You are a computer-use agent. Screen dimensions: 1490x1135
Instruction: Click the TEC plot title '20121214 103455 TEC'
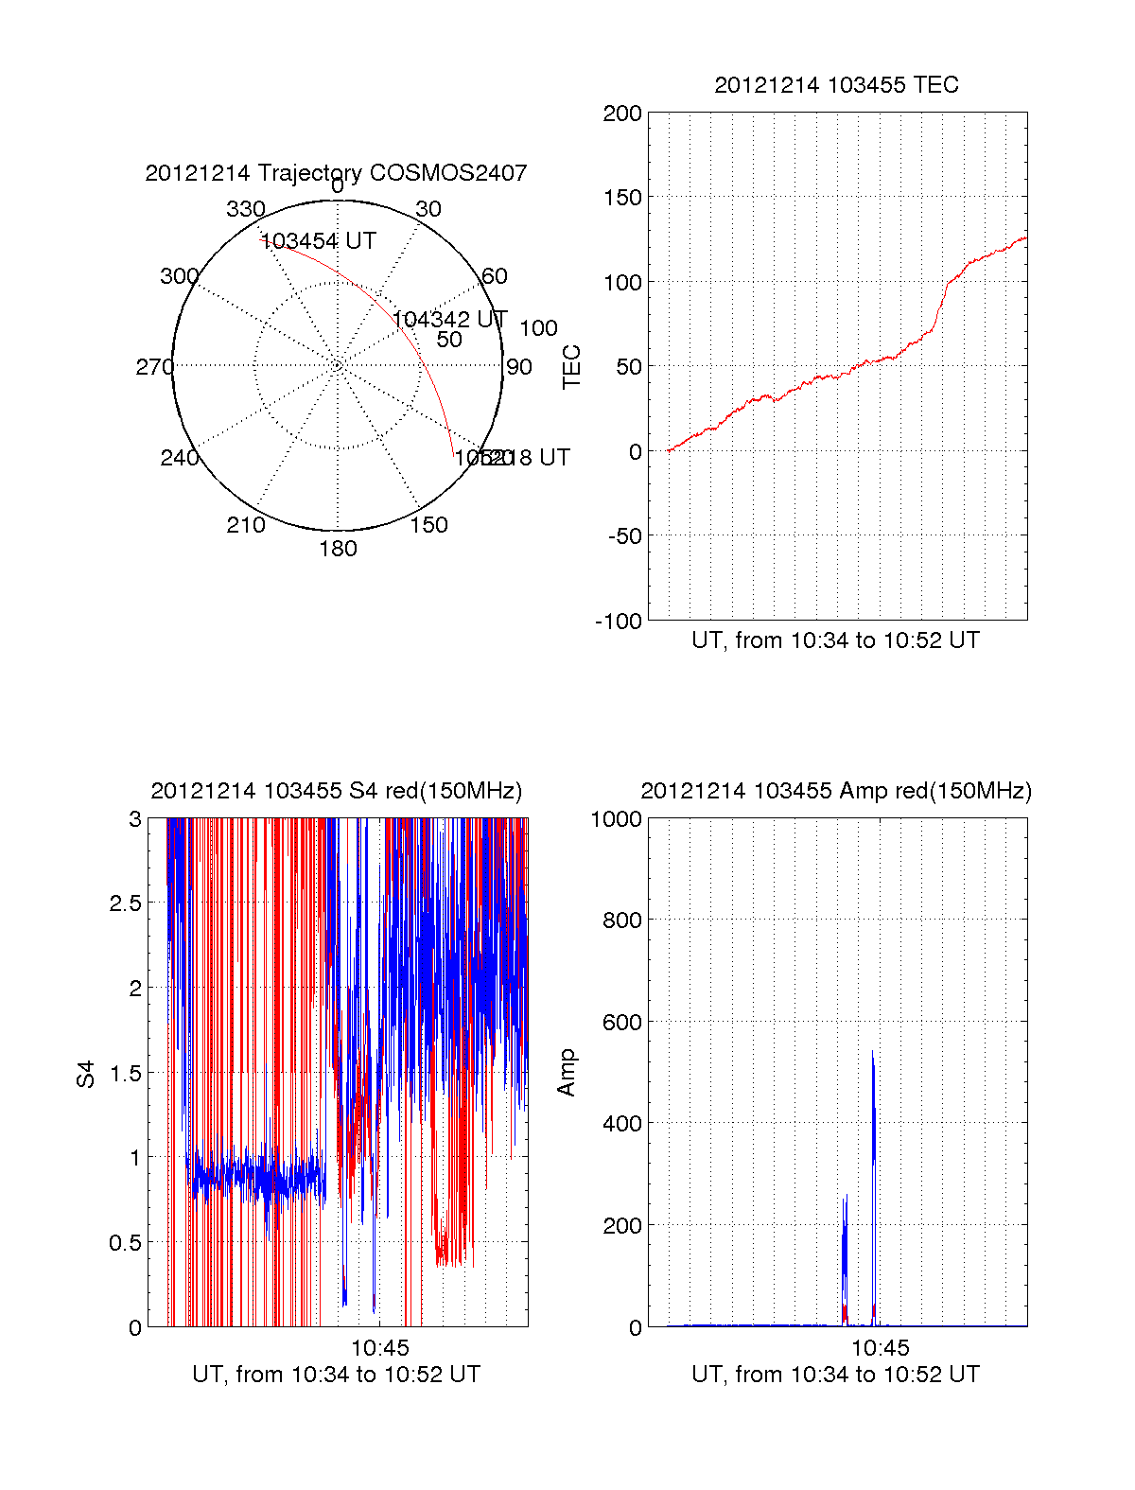point(836,85)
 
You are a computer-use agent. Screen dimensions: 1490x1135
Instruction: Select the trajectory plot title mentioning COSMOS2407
point(336,173)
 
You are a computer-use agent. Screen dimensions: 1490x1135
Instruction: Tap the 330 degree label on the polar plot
point(245,209)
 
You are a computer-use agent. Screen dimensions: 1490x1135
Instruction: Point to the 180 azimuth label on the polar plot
point(338,549)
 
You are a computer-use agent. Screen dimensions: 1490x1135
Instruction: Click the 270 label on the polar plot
point(154,367)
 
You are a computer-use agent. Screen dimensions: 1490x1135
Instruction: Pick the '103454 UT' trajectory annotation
point(318,241)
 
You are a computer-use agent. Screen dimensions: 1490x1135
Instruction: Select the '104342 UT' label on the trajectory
point(449,320)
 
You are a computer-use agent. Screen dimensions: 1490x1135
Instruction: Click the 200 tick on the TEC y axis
point(622,114)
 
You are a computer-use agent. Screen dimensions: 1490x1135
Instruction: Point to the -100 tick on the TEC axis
point(619,622)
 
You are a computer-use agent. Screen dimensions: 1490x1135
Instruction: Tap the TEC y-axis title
point(571,367)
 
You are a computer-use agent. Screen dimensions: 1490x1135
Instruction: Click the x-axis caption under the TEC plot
point(835,640)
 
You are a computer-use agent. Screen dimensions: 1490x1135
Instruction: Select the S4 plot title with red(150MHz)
point(336,791)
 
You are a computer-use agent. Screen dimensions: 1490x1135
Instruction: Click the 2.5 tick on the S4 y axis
point(125,903)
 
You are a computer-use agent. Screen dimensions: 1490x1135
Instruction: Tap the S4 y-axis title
point(86,1074)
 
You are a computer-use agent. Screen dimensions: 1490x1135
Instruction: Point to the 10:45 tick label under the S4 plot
point(380,1347)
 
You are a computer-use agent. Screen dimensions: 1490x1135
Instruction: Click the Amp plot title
point(835,791)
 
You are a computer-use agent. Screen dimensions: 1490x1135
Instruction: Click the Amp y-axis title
point(567,1073)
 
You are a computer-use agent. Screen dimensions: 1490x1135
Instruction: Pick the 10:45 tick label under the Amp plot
point(880,1347)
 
